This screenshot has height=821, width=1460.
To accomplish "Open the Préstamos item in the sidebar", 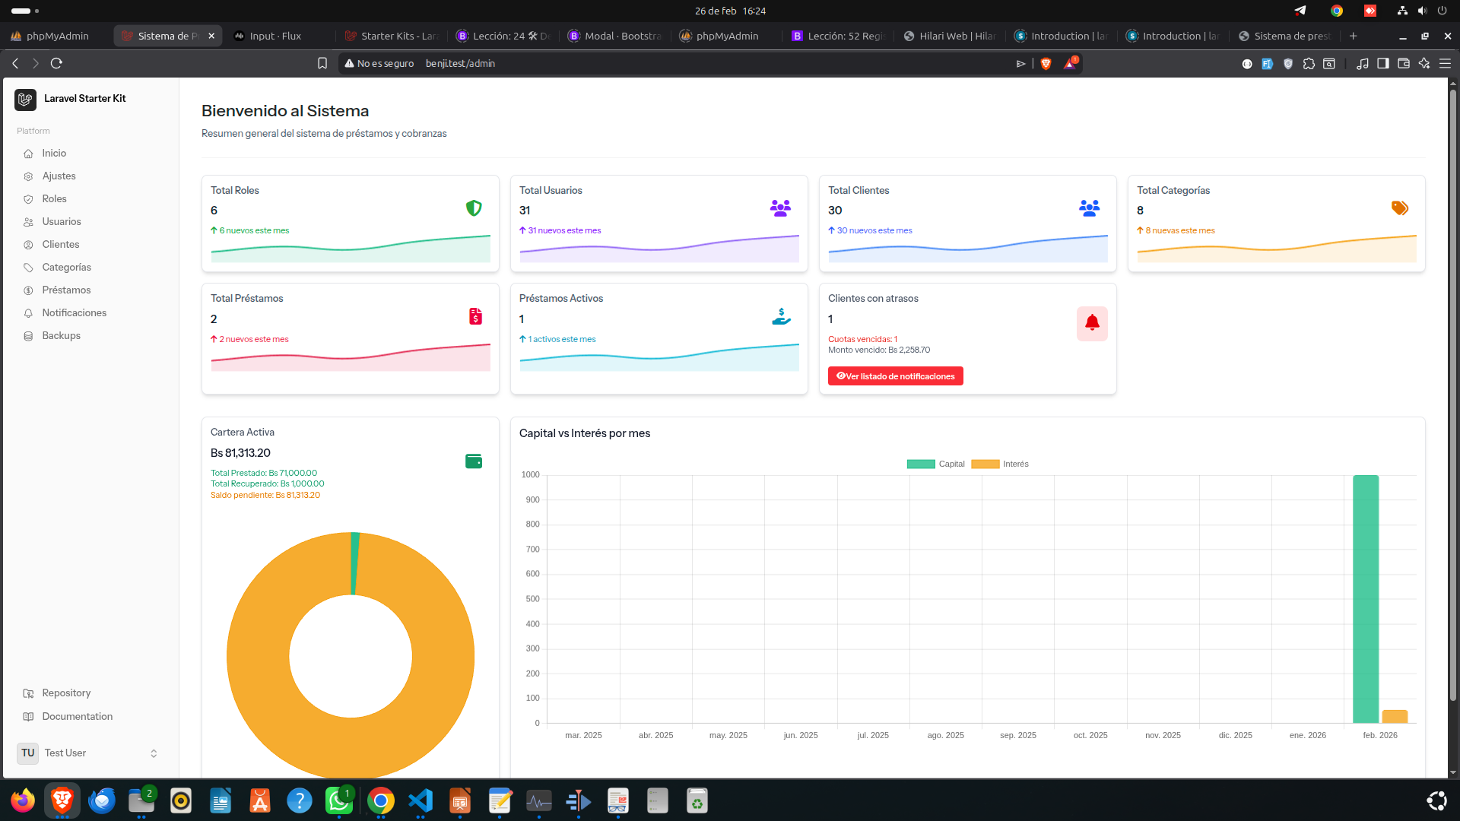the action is (x=66, y=290).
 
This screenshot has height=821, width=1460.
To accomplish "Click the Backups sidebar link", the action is (x=61, y=335).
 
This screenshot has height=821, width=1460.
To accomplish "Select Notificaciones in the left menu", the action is (x=74, y=312).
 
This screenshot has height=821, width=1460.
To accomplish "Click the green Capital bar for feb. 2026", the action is (x=1366, y=599).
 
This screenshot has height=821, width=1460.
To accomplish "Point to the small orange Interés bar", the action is (x=1395, y=716).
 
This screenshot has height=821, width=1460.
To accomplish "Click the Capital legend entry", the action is (x=935, y=464).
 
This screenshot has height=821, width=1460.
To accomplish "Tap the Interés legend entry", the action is (x=1000, y=464).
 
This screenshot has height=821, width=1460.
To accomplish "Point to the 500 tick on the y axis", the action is (x=532, y=599).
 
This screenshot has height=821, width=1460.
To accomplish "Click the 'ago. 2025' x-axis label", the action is (x=945, y=735).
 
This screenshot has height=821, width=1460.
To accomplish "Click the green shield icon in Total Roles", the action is (x=474, y=208).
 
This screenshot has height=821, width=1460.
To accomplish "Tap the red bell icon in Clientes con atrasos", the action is (x=1092, y=323).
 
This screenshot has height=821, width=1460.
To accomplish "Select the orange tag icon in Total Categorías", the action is (x=1400, y=208).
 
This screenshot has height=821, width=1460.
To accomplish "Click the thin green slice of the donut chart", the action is (x=354, y=563).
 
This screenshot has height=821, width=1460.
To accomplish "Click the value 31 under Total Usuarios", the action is (x=525, y=211).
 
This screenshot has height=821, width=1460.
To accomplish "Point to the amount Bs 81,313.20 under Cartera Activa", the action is (x=240, y=453).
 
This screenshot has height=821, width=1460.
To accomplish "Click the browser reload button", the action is (x=56, y=63).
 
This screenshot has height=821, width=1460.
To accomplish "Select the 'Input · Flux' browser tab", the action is (x=275, y=36).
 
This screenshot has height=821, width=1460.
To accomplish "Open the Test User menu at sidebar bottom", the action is (x=90, y=753).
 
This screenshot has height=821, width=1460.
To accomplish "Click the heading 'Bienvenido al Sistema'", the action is (x=285, y=111).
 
